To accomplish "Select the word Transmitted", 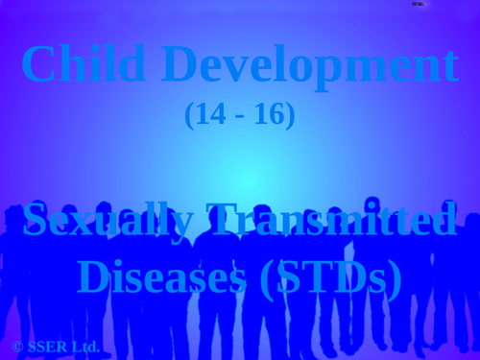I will click(331, 221).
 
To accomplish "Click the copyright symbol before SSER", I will click(17, 347).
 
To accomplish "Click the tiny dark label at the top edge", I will click(418, 4).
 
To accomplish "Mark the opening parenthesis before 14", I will click(189, 115).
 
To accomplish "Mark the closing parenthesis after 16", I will click(290, 115).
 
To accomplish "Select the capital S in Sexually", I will click(35, 221).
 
